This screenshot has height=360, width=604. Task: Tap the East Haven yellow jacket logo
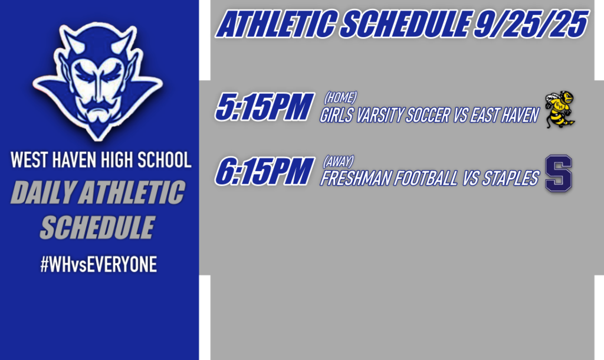click(559, 109)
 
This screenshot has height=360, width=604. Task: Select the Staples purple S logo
click(558, 174)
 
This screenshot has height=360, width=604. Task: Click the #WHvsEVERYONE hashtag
click(99, 265)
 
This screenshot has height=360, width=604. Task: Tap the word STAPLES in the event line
click(510, 179)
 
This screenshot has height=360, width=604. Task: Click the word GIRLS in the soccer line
click(335, 116)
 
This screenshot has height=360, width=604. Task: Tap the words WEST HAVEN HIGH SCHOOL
click(101, 160)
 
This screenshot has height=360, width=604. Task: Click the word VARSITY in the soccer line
click(379, 116)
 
